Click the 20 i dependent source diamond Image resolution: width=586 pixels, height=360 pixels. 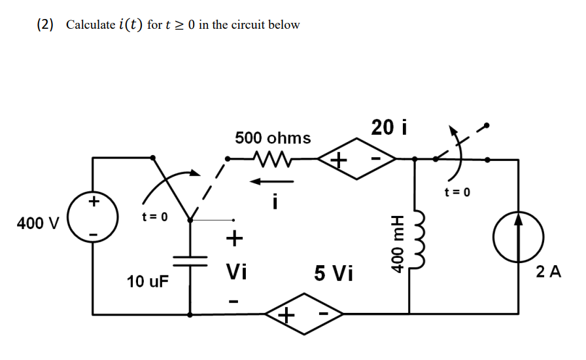(357, 158)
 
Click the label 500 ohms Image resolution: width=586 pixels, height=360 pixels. (273, 138)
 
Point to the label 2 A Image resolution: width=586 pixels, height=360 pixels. (548, 272)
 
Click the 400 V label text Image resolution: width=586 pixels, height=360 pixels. (37, 223)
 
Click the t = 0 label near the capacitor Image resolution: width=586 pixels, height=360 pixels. (155, 216)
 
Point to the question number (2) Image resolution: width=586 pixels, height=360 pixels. (46, 25)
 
